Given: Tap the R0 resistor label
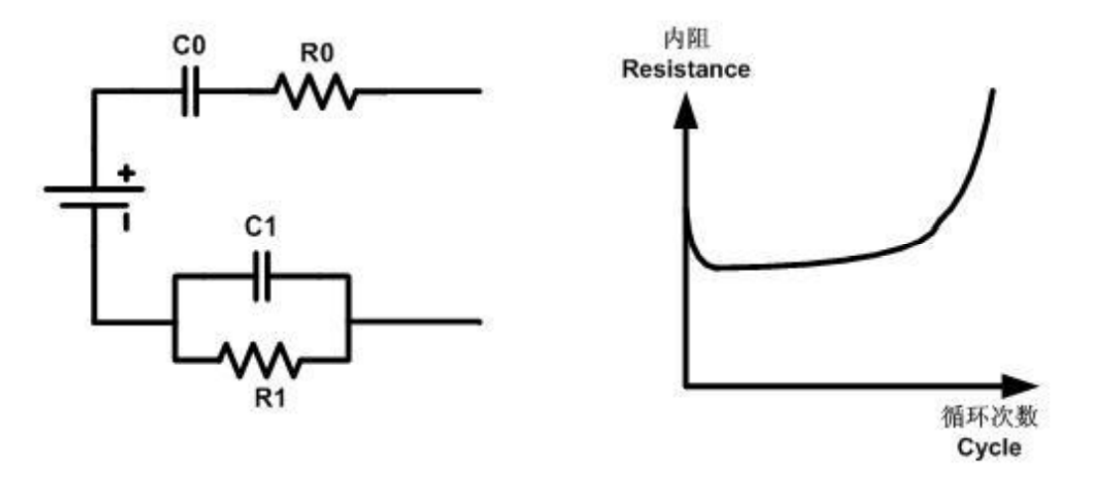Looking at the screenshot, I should (316, 51).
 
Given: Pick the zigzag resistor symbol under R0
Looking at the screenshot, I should (315, 92).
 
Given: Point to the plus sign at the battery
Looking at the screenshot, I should (127, 174).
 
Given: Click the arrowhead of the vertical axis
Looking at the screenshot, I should (684, 107).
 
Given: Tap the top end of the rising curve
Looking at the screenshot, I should (994, 89).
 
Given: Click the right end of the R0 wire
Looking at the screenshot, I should (481, 92).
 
